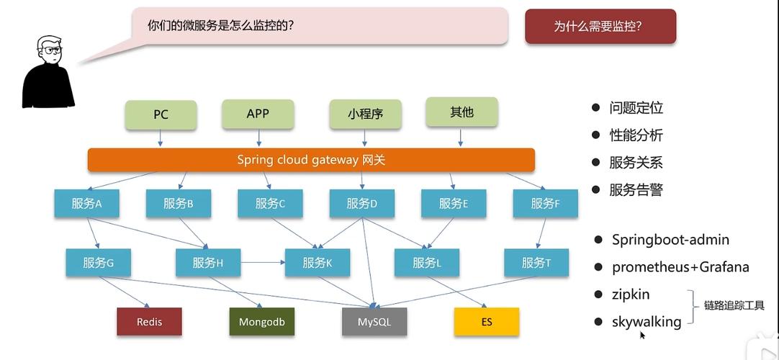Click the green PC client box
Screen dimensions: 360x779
tap(161, 115)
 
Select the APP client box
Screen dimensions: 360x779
tap(258, 114)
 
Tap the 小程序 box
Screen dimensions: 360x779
tap(365, 114)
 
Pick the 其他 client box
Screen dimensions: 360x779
tap(461, 112)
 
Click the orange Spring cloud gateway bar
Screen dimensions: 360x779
tap(311, 160)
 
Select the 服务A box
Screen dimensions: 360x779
tap(86, 204)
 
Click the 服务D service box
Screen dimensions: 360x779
tap(362, 204)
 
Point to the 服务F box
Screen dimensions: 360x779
tap(545, 204)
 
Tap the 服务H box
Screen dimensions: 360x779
tap(208, 263)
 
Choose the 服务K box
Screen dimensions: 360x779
tap(318, 263)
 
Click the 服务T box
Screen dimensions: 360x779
tap(536, 263)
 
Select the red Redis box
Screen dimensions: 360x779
tap(149, 322)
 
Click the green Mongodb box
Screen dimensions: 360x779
tap(261, 322)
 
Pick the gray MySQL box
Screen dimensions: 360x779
tap(374, 322)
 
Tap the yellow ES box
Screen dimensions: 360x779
tap(487, 322)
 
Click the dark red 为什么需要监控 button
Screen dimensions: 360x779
tap(600, 27)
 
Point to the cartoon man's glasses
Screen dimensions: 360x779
tap(52, 50)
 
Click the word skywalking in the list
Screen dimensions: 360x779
tap(647, 322)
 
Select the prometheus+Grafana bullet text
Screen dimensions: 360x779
tap(680, 267)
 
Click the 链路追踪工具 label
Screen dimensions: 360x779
tap(734, 306)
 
